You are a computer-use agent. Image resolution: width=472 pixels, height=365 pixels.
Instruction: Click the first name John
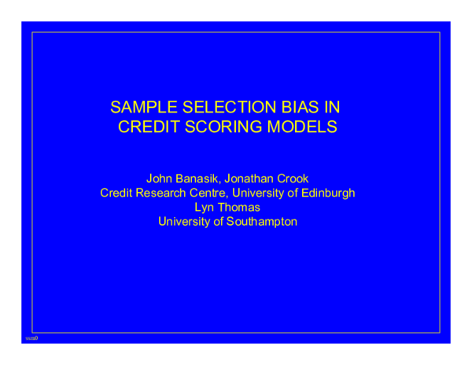click(160, 179)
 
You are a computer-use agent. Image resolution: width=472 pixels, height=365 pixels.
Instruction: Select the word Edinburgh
click(326, 193)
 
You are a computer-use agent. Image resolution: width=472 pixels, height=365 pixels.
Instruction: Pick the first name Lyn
click(205, 207)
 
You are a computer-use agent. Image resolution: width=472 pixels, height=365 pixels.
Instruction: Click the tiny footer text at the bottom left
click(31, 337)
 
